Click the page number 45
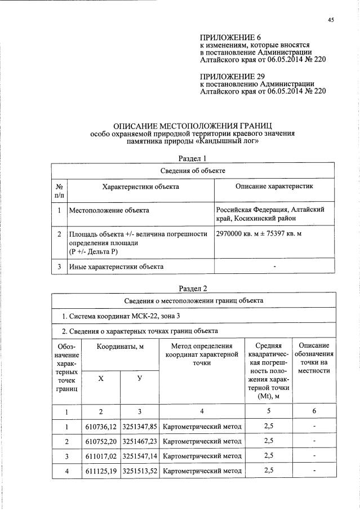click(x=331, y=20)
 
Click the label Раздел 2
click(x=193, y=289)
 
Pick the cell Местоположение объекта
click(x=109, y=210)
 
